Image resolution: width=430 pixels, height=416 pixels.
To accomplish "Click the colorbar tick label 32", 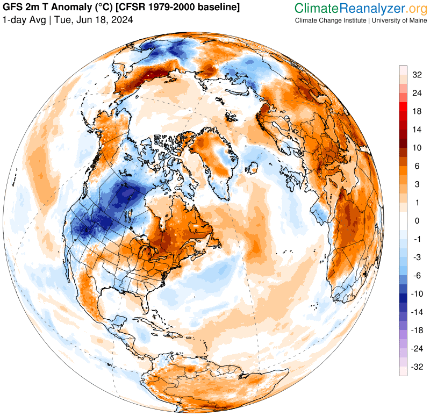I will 417,75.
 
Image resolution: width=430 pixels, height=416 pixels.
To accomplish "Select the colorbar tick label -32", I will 417,367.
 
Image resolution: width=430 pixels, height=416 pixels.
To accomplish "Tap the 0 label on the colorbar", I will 417,221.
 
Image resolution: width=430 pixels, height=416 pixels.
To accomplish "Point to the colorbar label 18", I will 417,111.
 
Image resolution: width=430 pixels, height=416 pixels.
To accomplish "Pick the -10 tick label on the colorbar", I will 417,294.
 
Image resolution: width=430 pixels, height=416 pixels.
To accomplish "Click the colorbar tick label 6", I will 417,166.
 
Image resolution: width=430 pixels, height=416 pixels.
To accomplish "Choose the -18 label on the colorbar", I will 417,331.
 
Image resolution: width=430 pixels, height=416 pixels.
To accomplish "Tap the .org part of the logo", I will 414,8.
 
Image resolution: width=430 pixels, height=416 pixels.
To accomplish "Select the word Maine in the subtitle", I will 413,20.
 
